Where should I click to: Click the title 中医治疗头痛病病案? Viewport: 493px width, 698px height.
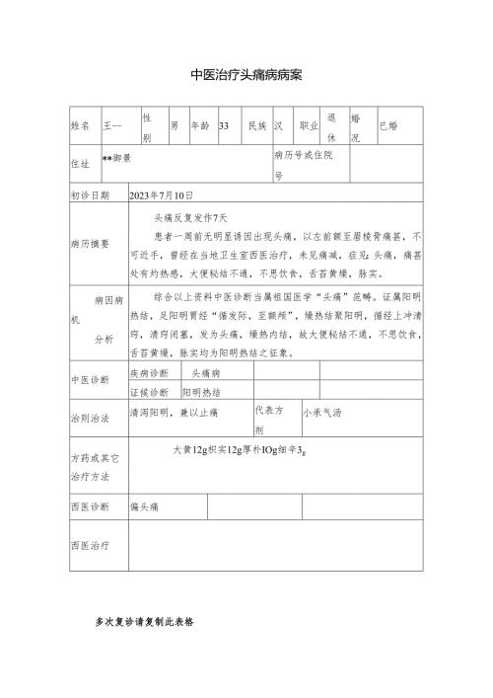pyautogui.click(x=246, y=75)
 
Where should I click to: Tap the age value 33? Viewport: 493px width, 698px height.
pyautogui.click(x=224, y=126)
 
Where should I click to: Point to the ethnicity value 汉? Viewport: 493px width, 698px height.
pyautogui.click(x=279, y=126)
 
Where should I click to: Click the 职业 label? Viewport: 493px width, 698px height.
pyautogui.click(x=309, y=126)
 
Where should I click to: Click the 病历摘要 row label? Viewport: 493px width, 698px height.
pyautogui.click(x=91, y=241)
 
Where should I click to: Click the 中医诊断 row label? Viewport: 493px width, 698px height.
pyautogui.click(x=91, y=381)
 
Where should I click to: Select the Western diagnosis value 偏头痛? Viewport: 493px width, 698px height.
pyautogui.click(x=146, y=505)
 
